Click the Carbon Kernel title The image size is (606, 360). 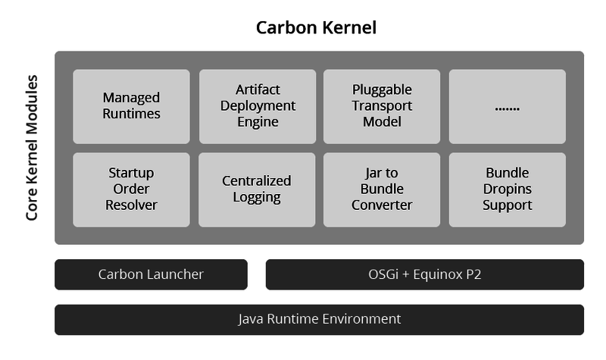coord(316,28)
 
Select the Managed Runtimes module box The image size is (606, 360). coord(131,106)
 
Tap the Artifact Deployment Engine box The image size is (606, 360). coord(258,106)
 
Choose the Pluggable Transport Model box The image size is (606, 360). coord(382,106)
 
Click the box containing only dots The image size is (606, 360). coord(507,106)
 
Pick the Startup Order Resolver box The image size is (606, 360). coord(131,189)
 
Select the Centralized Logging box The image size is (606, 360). coord(258,189)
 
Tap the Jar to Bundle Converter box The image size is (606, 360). coord(382,189)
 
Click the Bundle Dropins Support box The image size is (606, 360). coord(507,189)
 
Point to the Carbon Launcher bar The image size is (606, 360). coord(151,274)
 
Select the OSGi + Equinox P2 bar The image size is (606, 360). coord(424,274)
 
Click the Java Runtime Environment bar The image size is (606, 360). coord(319,319)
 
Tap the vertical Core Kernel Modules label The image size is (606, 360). coord(32,148)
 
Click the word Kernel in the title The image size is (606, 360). coord(347,28)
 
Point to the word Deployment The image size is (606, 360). coord(258,106)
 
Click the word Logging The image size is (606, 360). coord(257,198)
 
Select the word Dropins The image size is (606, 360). coord(507,189)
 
